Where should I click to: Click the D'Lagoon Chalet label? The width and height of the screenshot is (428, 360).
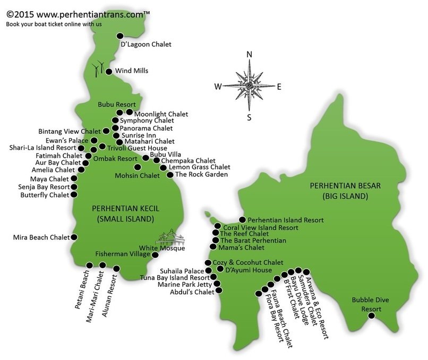pyautogui.click(x=147, y=45)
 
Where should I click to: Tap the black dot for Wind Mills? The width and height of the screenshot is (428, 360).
pyautogui.click(x=109, y=71)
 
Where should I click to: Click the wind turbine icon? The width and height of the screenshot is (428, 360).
pyautogui.click(x=98, y=68)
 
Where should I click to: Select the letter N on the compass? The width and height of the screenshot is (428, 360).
pyautogui.click(x=249, y=55)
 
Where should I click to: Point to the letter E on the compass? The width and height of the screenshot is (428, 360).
pyautogui.click(x=279, y=87)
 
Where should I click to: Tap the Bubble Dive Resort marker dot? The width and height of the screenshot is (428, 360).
pyautogui.click(x=372, y=316)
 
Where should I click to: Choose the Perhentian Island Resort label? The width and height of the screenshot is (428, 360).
pyautogui.click(x=286, y=220)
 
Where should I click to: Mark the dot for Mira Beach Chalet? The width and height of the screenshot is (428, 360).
pyautogui.click(x=74, y=237)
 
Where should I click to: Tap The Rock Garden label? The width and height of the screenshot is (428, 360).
pyautogui.click(x=201, y=175)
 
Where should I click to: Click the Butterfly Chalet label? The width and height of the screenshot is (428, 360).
pyautogui.click(x=44, y=195)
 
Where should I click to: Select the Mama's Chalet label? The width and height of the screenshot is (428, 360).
pyautogui.click(x=242, y=247)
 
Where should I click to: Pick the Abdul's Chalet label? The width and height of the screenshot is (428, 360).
pyautogui.click(x=192, y=292)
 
